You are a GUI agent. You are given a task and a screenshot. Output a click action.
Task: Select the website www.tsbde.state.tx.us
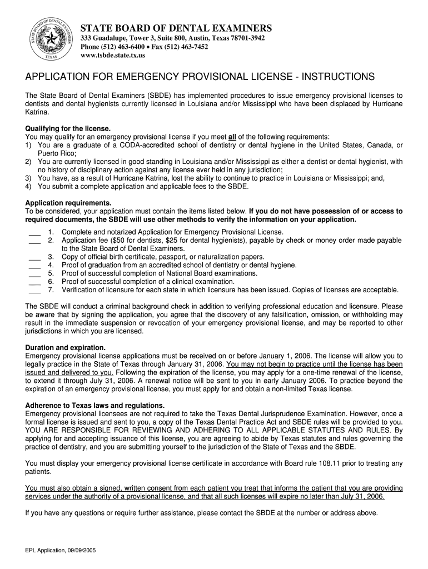(113, 56)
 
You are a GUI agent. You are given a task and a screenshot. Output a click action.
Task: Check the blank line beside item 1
(34, 233)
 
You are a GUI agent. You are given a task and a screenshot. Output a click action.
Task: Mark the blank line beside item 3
(34, 258)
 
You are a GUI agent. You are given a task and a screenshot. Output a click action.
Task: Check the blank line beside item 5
(34, 274)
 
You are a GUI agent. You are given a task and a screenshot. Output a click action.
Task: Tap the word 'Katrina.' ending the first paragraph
(37, 112)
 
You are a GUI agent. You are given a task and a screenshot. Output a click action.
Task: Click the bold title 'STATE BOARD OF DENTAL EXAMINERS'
(177, 28)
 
